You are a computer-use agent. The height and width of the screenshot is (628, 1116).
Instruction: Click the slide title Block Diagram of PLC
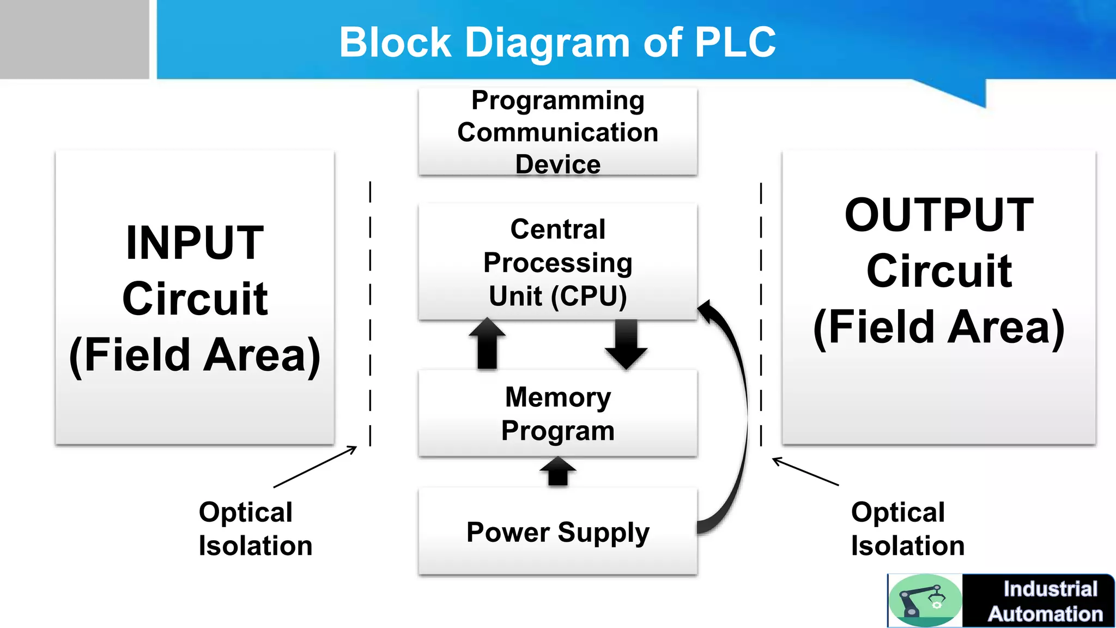coord(557,43)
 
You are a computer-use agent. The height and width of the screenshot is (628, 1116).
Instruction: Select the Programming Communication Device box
coord(557,132)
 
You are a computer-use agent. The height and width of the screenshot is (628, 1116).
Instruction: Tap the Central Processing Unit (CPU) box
coord(557,262)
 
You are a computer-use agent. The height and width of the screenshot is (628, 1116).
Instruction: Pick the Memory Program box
coord(557,413)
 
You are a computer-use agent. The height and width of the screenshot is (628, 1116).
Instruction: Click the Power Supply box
coord(557,532)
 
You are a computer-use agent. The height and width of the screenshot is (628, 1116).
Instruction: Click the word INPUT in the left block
coord(195,243)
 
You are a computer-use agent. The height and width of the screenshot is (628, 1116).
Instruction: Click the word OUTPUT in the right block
coord(939,215)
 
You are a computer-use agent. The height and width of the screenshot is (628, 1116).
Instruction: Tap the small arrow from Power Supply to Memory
coord(557,471)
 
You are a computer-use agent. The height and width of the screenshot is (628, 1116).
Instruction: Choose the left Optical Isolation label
coord(255,529)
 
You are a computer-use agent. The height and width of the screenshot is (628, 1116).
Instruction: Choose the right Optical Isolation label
coord(907,529)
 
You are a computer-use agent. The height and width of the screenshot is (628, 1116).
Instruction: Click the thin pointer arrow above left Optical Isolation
coord(316,467)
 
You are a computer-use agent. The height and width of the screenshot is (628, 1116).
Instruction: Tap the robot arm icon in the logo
coord(924,600)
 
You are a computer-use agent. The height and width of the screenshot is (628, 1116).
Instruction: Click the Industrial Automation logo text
coord(1045,601)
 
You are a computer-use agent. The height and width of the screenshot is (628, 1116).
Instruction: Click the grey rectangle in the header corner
coord(74,39)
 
